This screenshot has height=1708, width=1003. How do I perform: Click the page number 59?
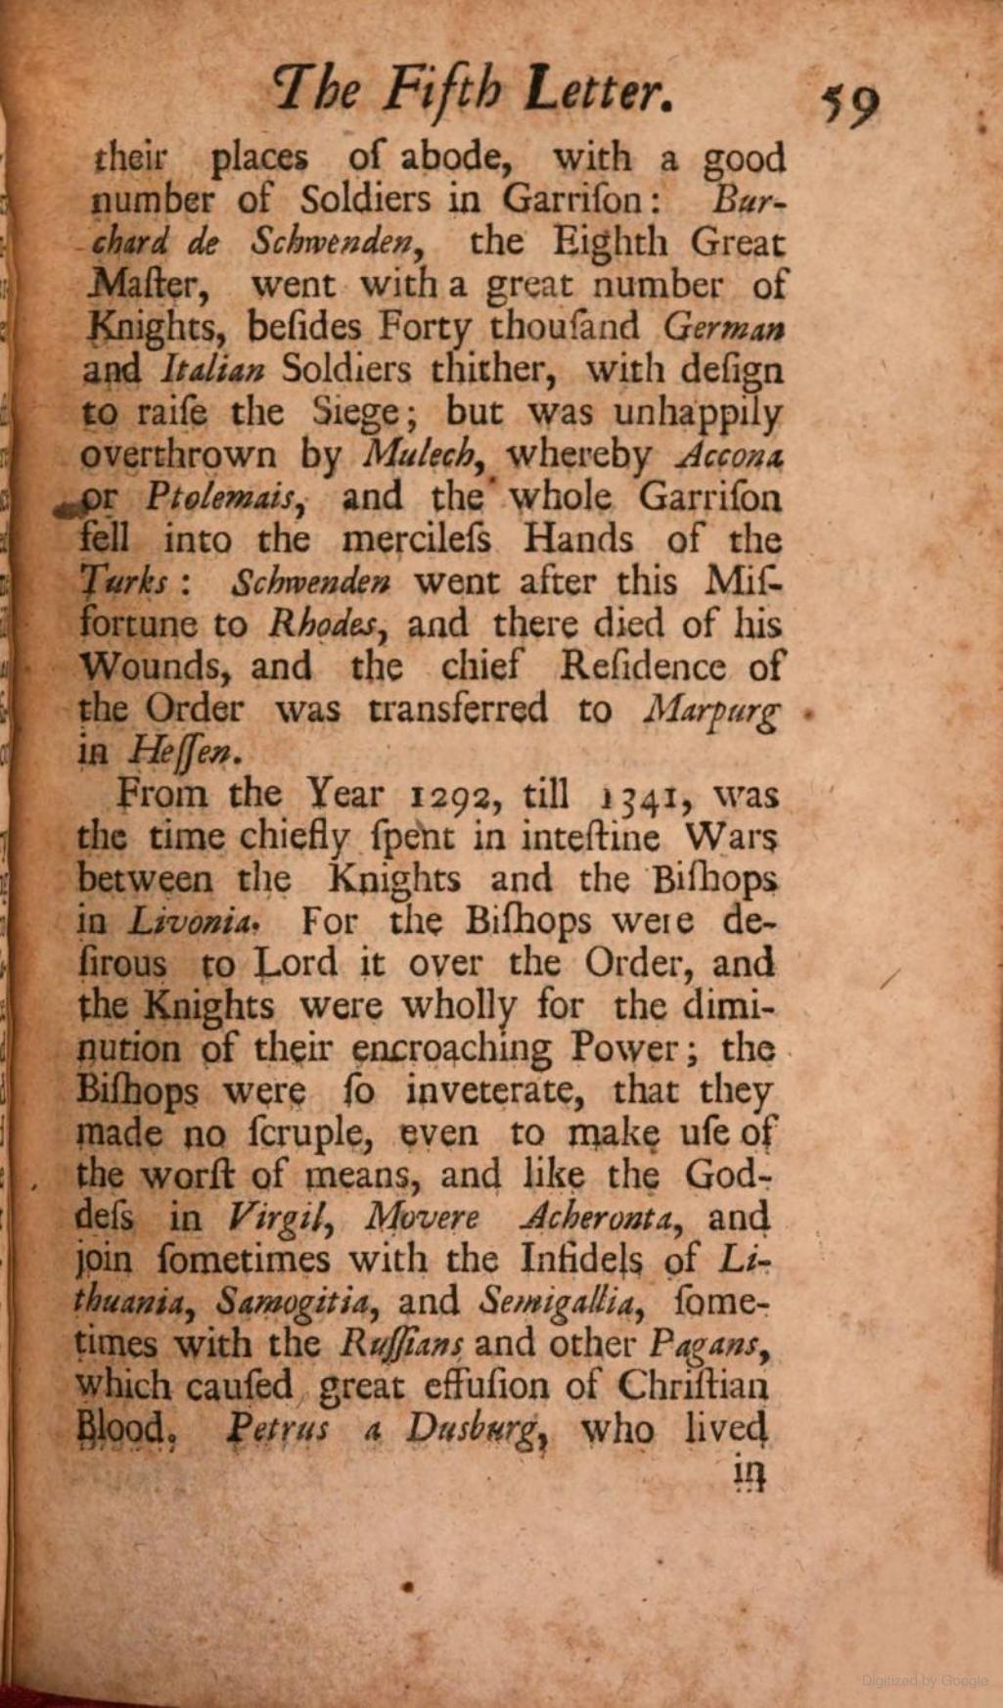point(850,101)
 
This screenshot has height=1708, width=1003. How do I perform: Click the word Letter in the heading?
point(598,93)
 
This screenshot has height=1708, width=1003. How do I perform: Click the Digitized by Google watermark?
point(925,1680)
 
